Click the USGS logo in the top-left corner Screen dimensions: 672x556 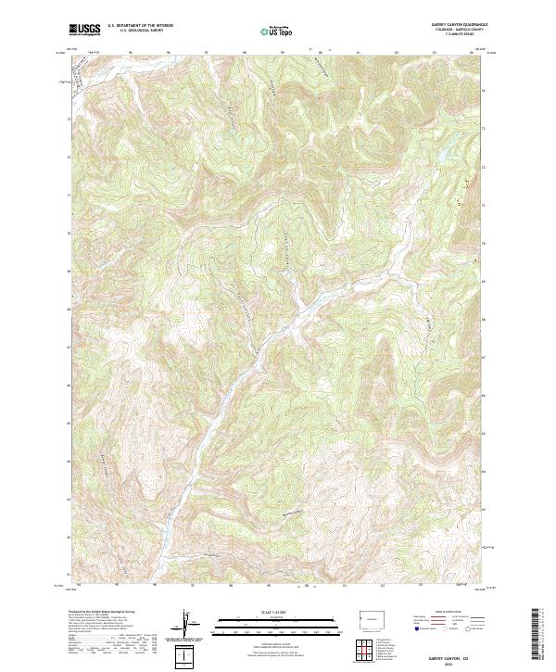pos(84,30)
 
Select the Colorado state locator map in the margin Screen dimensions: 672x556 pos(373,618)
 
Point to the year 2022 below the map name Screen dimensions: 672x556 pos(457,662)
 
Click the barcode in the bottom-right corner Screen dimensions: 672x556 pos(537,636)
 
